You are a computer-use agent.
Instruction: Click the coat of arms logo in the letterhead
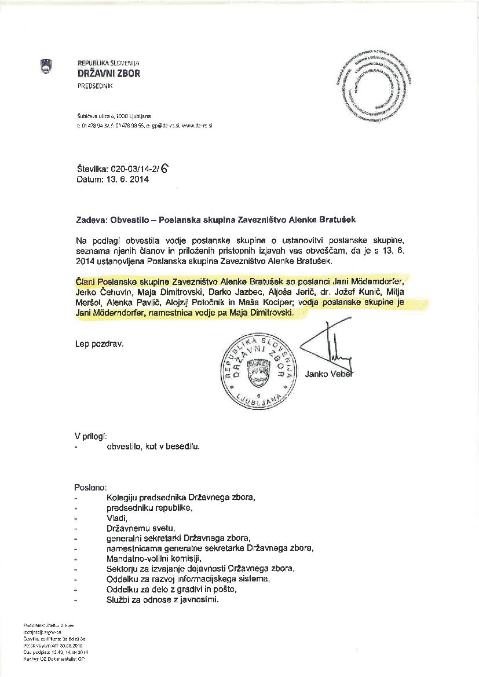point(46,67)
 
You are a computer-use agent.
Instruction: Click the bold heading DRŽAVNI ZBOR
point(108,74)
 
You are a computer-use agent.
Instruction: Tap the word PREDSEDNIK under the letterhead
point(96,86)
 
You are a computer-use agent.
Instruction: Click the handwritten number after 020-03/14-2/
point(167,169)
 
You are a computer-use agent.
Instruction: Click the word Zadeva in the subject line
point(91,220)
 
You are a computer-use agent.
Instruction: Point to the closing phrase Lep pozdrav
point(99,343)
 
